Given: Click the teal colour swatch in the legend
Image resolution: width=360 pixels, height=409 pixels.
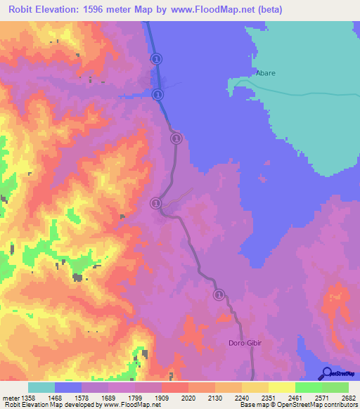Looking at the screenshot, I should pos(41,387).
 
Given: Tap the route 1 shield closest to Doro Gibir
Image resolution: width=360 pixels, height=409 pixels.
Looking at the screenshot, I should pos(219,294).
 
